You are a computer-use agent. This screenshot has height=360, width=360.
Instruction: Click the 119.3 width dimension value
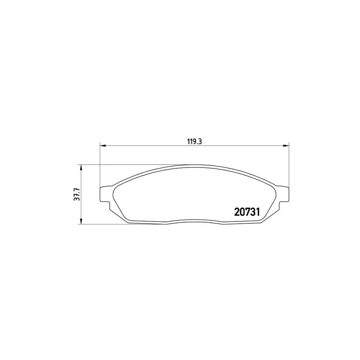[x=194, y=141]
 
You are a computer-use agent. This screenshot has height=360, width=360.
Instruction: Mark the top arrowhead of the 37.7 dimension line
[x=82, y=167]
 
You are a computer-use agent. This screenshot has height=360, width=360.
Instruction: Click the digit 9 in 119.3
[x=194, y=141]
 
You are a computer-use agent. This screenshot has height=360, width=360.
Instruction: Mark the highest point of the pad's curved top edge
[x=194, y=164]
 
